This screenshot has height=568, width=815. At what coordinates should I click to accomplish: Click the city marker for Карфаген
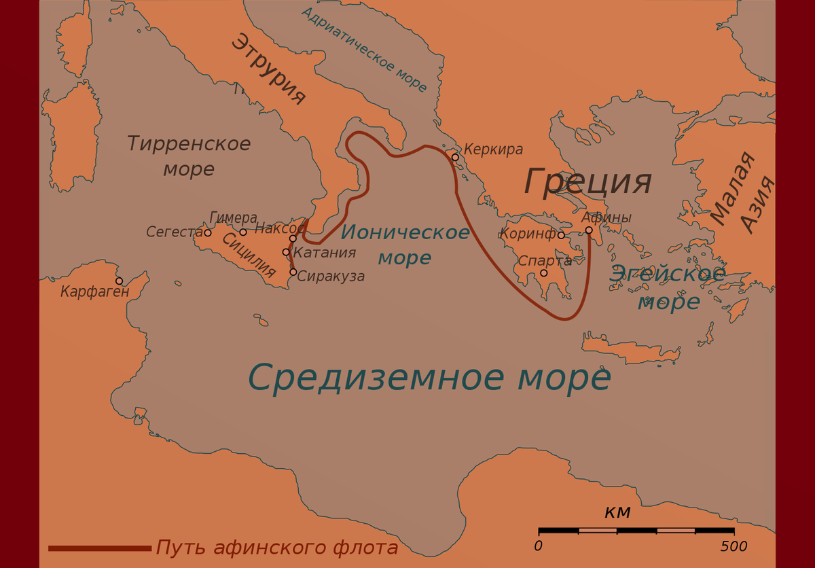(120, 281)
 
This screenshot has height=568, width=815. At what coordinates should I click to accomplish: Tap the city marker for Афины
(589, 230)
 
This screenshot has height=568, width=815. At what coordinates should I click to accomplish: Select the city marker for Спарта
(543, 273)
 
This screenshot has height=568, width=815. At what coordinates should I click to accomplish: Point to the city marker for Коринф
(561, 236)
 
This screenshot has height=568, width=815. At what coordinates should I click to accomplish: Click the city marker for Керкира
(455, 158)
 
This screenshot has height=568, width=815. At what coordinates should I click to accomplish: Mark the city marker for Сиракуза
(293, 272)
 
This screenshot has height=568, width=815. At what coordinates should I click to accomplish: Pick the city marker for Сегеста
(208, 233)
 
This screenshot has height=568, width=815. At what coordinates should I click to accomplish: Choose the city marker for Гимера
(243, 232)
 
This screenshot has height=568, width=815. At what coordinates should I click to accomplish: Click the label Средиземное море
(429, 378)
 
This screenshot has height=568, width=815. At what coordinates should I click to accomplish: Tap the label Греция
(587, 181)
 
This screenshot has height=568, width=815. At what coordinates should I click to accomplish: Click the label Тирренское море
(189, 156)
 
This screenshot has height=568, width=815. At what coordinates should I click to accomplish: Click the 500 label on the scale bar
(733, 547)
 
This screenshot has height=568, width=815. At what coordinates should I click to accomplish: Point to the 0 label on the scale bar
(539, 547)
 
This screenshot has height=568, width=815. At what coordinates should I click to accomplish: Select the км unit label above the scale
(617, 512)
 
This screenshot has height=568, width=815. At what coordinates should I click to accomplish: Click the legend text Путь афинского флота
(277, 548)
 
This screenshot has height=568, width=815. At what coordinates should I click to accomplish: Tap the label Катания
(325, 253)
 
